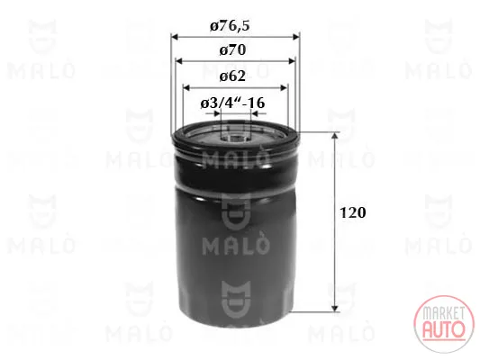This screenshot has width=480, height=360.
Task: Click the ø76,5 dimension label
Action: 230,26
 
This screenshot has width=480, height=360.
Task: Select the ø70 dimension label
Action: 232,50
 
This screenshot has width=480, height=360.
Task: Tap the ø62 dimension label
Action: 232,76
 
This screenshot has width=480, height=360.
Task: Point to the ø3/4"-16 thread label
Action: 232,103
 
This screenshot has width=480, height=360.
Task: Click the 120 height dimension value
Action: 353,212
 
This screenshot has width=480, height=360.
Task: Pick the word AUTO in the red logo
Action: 444,328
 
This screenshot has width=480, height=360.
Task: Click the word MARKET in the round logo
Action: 443,312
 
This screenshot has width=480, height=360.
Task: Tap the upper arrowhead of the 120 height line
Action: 335,136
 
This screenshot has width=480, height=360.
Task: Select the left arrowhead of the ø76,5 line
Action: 175,37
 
